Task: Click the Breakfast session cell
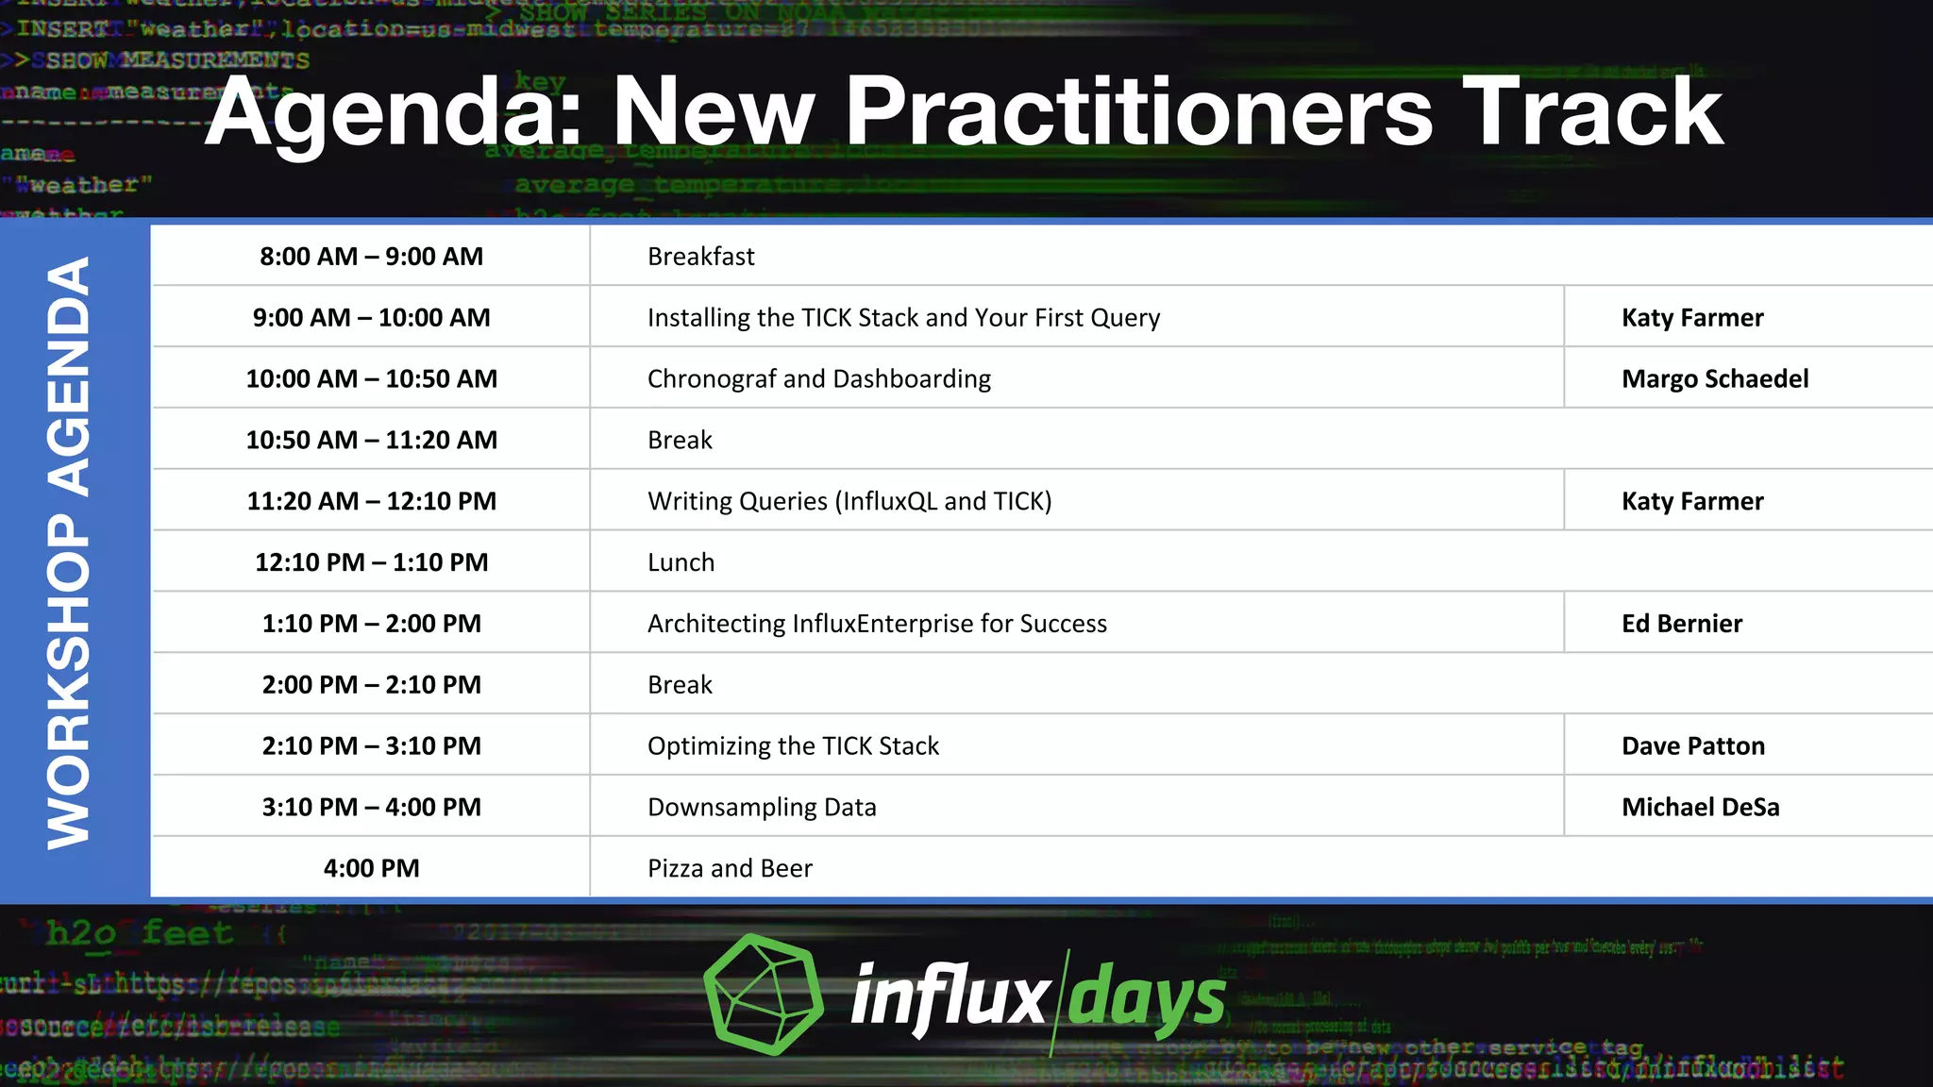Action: tap(700, 257)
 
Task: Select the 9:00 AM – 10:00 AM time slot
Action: tap(371, 318)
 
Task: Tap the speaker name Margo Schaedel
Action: tap(1714, 379)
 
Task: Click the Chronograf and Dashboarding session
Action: tap(818, 379)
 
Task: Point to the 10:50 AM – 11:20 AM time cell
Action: tap(371, 441)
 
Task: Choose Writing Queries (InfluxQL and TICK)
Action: tap(849, 501)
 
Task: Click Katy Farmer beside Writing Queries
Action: tap(1691, 501)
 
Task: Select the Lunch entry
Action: tap(681, 562)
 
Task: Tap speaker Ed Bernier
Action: tap(1681, 624)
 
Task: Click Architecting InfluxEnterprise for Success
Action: tap(876, 624)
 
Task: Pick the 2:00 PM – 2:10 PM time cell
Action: tap(371, 685)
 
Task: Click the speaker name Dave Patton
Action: tap(1692, 746)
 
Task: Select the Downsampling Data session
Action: tap(761, 808)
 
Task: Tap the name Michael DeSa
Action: tap(1700, 808)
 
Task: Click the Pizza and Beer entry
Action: tap(729, 868)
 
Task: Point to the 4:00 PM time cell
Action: tap(371, 868)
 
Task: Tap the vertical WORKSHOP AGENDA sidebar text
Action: tap(70, 555)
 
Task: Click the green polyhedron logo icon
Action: tap(763, 994)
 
